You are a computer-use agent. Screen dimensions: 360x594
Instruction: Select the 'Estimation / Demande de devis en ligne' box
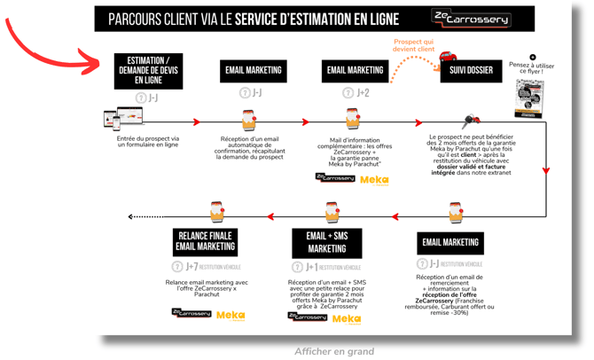click(x=148, y=70)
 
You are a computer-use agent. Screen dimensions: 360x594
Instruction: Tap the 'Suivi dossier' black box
click(x=471, y=70)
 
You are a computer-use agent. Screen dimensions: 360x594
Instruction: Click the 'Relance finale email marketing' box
click(x=205, y=240)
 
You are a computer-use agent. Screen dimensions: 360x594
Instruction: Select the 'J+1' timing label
click(x=312, y=267)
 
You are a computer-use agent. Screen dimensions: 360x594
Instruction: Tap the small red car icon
click(x=447, y=58)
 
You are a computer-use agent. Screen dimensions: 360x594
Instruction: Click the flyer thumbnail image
click(x=530, y=98)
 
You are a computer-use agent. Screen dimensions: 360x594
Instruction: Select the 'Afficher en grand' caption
click(x=334, y=351)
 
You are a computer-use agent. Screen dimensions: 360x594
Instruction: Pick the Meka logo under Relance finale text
click(x=231, y=315)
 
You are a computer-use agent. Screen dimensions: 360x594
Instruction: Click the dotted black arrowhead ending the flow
click(x=131, y=216)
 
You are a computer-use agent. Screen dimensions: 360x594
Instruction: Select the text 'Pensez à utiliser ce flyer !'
click(x=531, y=69)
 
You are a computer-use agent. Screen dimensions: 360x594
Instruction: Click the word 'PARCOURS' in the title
click(x=137, y=20)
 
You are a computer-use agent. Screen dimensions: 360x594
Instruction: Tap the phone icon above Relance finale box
click(x=218, y=211)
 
